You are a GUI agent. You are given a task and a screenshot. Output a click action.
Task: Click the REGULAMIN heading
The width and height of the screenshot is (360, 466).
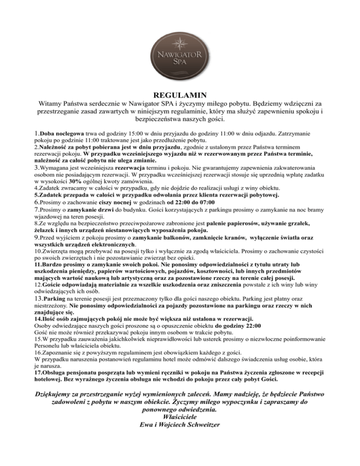pos(180,95)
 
